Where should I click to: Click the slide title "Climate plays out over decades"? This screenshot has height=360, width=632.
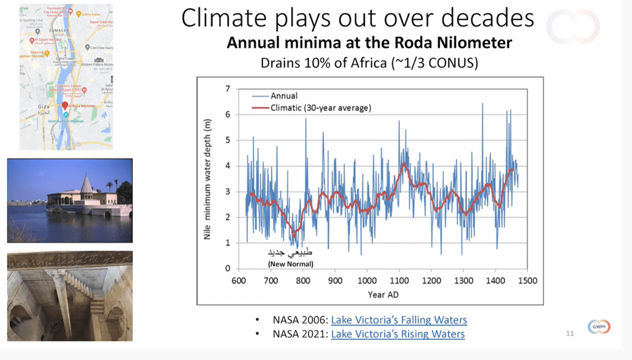[357, 19]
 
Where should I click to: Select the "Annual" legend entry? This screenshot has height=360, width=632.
[284, 96]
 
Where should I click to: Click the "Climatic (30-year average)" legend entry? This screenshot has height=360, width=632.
[320, 108]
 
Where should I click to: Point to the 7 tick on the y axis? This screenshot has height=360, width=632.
[227, 88]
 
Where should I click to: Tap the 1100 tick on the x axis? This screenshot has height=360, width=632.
[399, 281]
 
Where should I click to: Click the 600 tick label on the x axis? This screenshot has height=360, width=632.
[239, 281]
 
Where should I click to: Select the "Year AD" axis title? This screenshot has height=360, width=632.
[382, 294]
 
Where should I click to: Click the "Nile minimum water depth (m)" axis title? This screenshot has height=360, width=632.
[207, 178]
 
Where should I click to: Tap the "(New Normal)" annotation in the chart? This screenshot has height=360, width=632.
[290, 264]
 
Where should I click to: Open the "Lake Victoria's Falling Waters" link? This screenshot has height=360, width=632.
[399, 320]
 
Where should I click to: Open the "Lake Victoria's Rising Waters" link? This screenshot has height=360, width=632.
[397, 334]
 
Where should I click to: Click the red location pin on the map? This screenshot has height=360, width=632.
[65, 106]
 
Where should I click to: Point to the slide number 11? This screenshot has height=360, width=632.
[570, 334]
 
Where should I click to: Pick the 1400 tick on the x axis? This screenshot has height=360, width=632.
[495, 281]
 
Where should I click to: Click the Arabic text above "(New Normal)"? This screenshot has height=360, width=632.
[291, 253]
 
